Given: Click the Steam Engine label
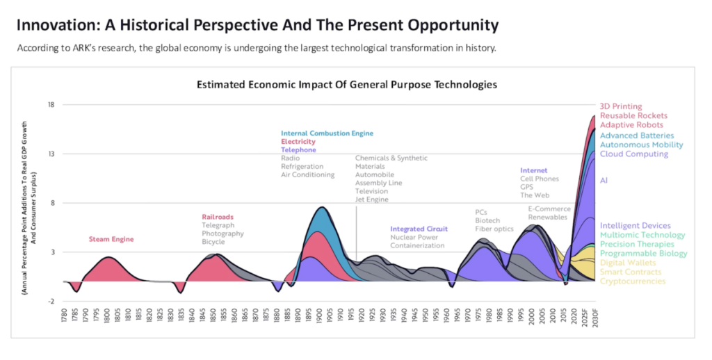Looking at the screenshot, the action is (111, 239).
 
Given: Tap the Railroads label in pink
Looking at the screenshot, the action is (218, 217).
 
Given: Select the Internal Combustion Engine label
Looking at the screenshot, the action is (327, 133).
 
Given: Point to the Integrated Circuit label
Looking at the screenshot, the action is (419, 229).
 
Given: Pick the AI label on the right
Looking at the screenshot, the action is (604, 180).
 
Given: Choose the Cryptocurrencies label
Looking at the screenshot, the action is (633, 281).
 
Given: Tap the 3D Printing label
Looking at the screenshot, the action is (621, 106).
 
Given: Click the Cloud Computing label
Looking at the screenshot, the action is (634, 154).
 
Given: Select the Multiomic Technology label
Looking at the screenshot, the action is (642, 235).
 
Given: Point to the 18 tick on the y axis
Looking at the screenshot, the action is (51, 105).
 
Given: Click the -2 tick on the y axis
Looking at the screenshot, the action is (51, 301).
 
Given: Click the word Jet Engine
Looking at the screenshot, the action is (371, 199).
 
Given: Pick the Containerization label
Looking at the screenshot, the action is (417, 245).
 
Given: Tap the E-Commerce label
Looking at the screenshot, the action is (549, 208).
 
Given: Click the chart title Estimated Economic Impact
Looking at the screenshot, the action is (346, 84).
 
